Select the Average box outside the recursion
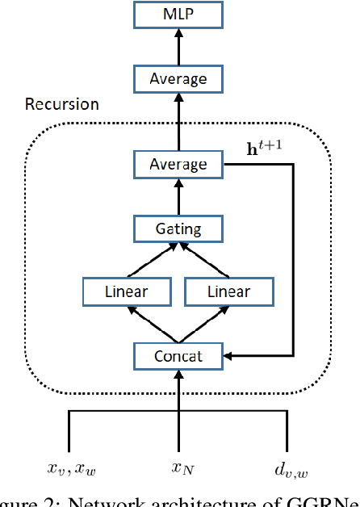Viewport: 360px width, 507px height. coord(178,79)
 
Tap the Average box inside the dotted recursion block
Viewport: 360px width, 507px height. coord(178,165)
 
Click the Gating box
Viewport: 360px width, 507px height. coord(178,228)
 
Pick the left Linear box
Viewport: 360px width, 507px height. coord(128,291)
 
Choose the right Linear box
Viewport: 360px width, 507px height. coord(228,291)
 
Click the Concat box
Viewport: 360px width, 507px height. coord(178,354)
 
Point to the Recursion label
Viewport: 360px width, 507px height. coord(62,105)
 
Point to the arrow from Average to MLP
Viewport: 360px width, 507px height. coord(178,48)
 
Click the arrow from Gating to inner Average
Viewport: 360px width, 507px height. coord(178,197)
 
